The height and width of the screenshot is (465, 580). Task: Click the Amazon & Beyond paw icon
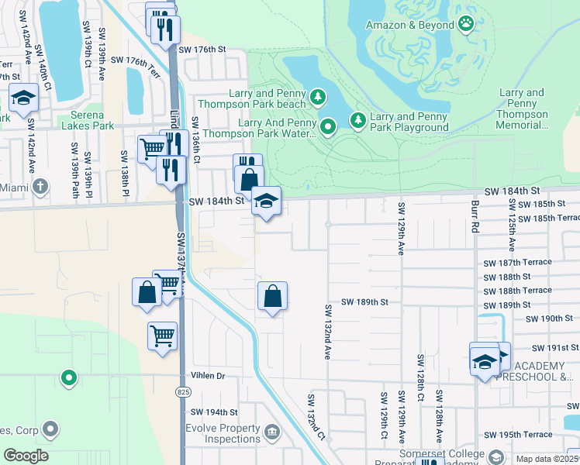tap(466, 24)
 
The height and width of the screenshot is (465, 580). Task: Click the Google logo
tap(26, 456)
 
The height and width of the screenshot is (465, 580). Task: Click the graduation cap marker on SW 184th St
tap(265, 201)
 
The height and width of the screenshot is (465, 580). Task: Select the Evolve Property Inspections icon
tap(271, 431)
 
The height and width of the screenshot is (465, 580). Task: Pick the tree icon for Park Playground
tap(357, 119)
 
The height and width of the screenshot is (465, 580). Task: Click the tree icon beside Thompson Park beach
tap(317, 97)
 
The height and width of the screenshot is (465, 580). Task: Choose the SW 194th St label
tap(213, 412)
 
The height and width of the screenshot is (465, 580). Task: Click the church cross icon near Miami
tap(40, 186)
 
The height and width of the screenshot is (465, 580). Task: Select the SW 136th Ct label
tap(196, 141)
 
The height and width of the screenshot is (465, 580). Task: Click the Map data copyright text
tap(547, 459)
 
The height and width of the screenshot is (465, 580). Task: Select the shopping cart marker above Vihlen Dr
tap(162, 336)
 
